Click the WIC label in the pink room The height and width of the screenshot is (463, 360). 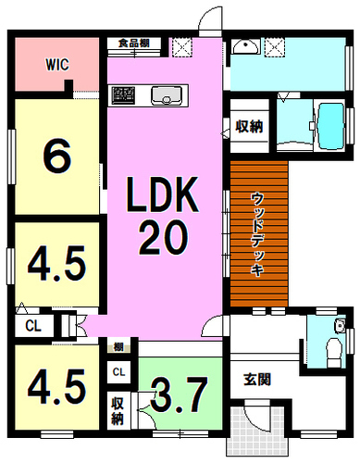[x=57, y=65]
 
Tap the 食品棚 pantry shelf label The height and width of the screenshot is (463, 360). [x=134, y=43]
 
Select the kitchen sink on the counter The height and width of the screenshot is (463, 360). [x=167, y=95]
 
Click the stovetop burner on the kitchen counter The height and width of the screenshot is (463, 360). [x=123, y=95]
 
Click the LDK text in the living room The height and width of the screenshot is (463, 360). [x=162, y=194]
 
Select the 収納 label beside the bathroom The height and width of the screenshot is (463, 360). [x=249, y=126]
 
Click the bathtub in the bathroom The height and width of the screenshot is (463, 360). [x=330, y=126]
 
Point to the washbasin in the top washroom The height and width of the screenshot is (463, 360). [x=245, y=45]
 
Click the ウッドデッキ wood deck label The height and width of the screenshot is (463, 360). [x=256, y=234]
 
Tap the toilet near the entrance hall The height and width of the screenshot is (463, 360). [x=335, y=352]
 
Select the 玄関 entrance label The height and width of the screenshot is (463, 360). [x=257, y=380]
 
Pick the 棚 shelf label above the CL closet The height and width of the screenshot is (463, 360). [x=118, y=347]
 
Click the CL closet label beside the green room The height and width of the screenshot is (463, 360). [x=118, y=372]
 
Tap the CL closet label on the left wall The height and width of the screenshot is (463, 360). [x=33, y=326]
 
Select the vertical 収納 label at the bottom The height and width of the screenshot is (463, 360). [x=118, y=411]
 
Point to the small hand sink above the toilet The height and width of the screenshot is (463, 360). [x=341, y=326]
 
